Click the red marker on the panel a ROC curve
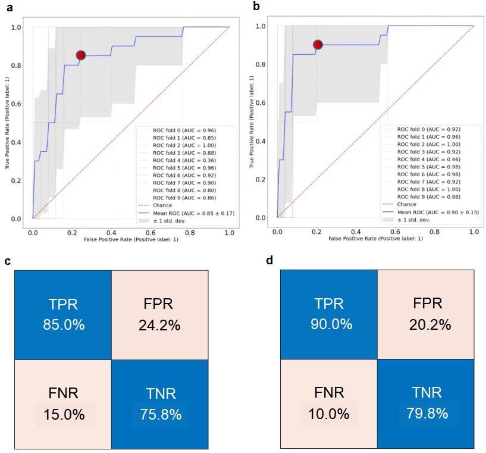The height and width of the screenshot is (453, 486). click(x=81, y=55)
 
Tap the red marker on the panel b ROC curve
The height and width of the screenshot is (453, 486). click(x=318, y=44)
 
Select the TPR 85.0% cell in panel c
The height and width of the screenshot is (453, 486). click(x=63, y=315)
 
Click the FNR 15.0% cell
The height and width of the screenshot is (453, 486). click(x=63, y=405)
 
